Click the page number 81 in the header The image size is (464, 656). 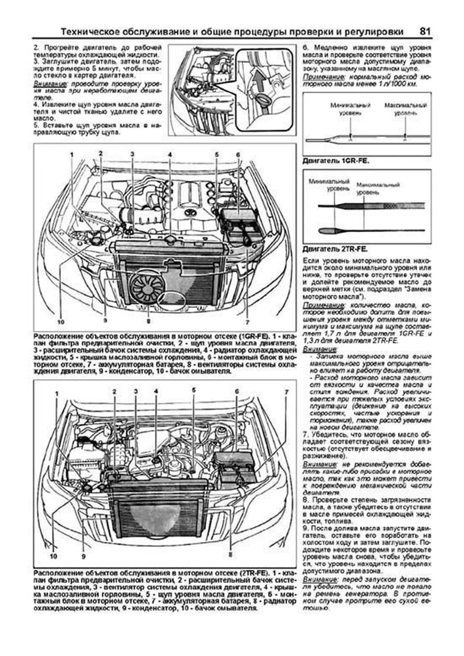tap(424, 31)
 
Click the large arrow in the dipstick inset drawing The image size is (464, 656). tap(258, 82)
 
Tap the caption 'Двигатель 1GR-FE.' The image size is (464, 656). tap(336, 160)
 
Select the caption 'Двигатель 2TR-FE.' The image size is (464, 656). tap(335, 249)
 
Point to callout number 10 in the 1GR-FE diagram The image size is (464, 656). tap(60, 321)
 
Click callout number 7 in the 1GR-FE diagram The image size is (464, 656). tap(246, 321)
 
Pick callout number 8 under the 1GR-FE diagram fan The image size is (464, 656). tap(148, 320)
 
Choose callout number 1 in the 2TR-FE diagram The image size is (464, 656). tap(57, 394)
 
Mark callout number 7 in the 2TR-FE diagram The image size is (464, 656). tap(286, 392)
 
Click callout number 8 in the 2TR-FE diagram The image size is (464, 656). tap(230, 554)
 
